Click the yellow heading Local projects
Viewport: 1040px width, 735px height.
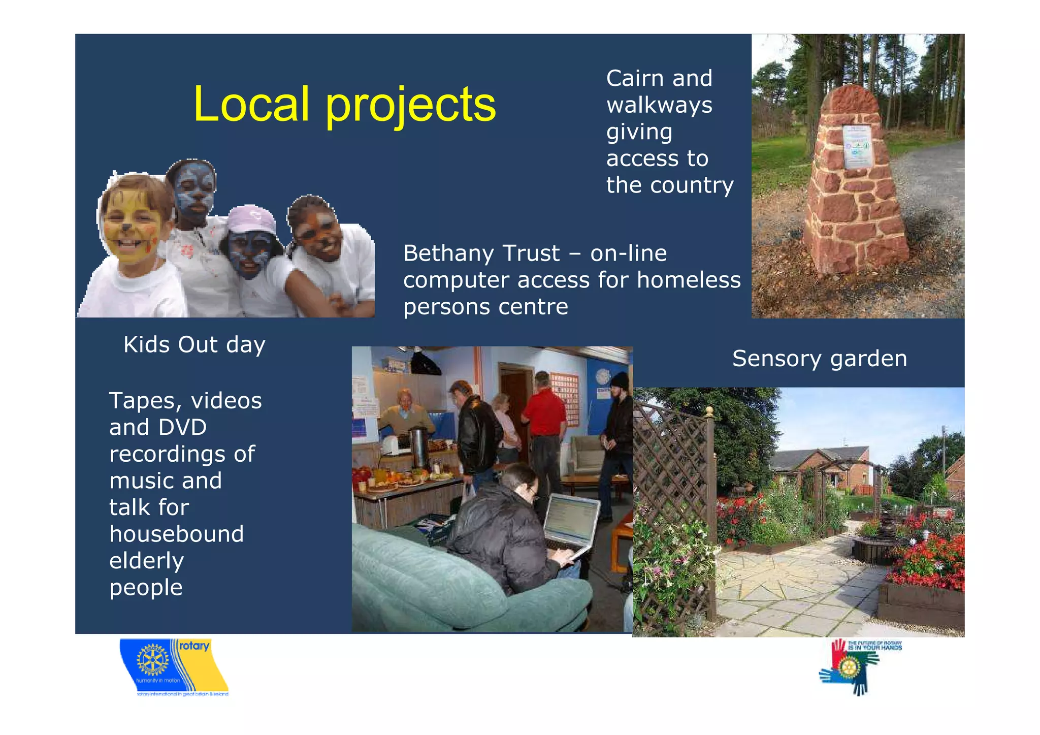pyautogui.click(x=344, y=104)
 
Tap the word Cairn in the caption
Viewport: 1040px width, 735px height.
pyautogui.click(x=635, y=79)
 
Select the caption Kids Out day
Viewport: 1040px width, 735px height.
pyautogui.click(x=194, y=345)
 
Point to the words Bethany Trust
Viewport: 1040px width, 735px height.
pyautogui.click(x=481, y=253)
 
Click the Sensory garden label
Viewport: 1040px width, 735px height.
pyautogui.click(x=819, y=359)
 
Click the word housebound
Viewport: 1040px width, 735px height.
pyautogui.click(x=177, y=534)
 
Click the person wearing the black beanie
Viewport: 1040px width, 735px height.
pyautogui.click(x=618, y=427)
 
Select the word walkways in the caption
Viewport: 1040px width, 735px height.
pyautogui.click(x=659, y=106)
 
